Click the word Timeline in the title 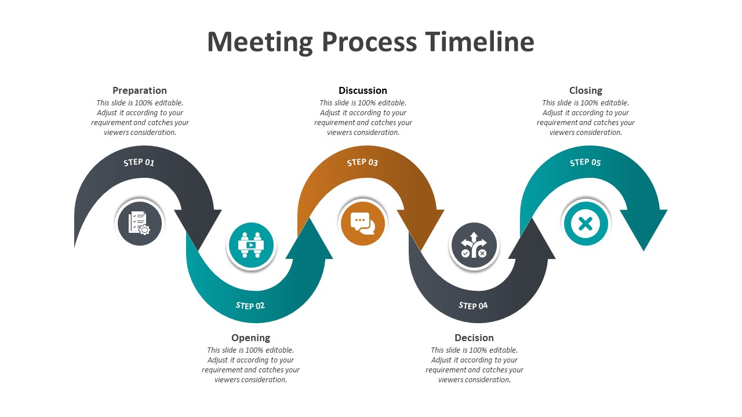pos(479,42)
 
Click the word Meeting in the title pos(260,42)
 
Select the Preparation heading pos(140,90)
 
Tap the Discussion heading pos(363,90)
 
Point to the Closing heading pos(585,90)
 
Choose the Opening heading pos(250,338)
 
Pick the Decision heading pos(474,338)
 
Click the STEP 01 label pos(139,163)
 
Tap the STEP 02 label pos(250,305)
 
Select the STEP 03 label pos(362,163)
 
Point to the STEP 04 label pos(474,305)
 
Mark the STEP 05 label pos(585,163)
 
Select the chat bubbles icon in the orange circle pos(362,223)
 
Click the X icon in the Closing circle pos(585,223)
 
